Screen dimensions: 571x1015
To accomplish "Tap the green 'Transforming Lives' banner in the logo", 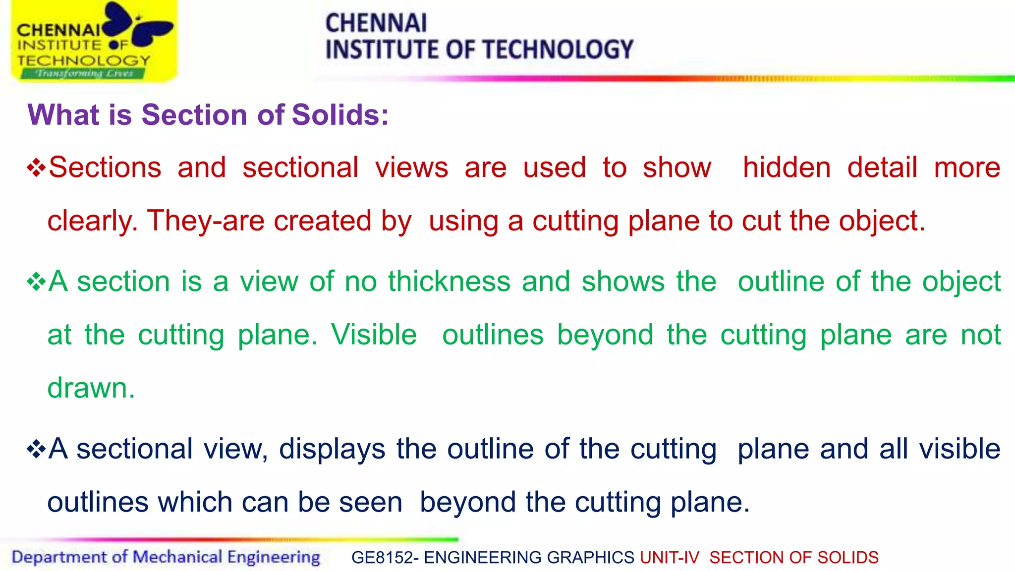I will [x=83, y=74].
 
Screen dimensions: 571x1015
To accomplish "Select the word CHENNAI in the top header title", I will [x=376, y=23].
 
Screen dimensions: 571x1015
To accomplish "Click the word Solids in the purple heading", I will [x=340, y=115].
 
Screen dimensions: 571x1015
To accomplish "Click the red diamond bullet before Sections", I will [x=36, y=168].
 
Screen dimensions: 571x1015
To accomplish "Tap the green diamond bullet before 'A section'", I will [x=36, y=282].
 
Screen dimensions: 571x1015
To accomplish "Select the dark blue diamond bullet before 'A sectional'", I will [x=36, y=449].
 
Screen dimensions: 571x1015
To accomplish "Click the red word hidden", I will [x=787, y=168].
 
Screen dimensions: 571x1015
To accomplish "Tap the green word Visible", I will [x=374, y=335].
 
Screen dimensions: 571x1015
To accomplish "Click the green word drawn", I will [x=91, y=388].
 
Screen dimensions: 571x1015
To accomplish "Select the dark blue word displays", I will [x=332, y=449].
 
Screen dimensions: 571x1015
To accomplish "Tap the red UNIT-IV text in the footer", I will [x=669, y=558].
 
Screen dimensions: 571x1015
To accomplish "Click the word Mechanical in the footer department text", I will [x=177, y=557].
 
